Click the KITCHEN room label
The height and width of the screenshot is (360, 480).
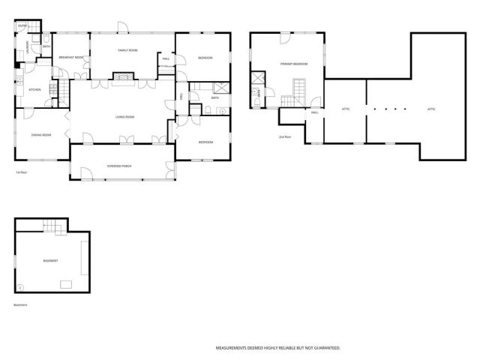[34, 90]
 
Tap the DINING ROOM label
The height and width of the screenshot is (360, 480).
[40, 134]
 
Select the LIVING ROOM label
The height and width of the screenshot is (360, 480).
[124, 117]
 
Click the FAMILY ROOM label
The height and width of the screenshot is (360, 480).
[127, 49]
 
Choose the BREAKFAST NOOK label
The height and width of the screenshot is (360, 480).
[70, 58]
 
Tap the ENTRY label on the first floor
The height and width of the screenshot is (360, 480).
[22, 27]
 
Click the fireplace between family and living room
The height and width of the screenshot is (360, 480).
[122, 76]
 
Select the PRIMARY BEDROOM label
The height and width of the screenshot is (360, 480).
[294, 64]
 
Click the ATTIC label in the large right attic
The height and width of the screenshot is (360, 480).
[431, 109]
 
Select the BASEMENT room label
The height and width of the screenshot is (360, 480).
[50, 260]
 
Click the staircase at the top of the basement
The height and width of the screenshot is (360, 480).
[51, 225]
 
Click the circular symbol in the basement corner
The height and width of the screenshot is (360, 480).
[20, 287]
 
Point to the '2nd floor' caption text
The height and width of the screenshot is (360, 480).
[284, 136]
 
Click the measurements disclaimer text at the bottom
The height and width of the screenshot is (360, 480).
[278, 348]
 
